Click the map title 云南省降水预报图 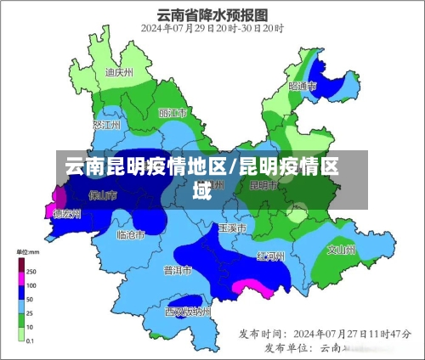(212, 14)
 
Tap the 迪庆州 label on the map (119, 72)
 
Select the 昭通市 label (303, 86)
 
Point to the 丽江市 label (173, 113)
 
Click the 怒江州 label (108, 126)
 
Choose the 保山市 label (103, 194)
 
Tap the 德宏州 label (67, 214)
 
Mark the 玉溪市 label (232, 228)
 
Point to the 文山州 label (342, 250)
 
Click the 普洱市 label (178, 270)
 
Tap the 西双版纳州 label (186, 312)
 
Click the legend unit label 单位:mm (29, 252)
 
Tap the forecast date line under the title (212, 29)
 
